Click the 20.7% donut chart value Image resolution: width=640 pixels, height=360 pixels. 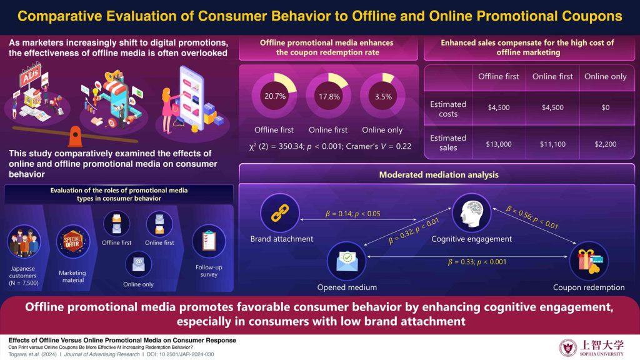point(274,97)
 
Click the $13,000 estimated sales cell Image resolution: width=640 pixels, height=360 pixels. point(498,143)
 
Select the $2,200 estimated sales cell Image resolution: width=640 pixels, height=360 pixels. point(604,143)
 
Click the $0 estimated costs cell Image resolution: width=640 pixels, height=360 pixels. point(604,107)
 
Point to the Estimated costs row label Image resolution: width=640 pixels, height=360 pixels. point(448,109)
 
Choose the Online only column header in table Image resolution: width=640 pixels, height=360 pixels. point(604,76)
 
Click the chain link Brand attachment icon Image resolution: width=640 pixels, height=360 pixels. point(277,212)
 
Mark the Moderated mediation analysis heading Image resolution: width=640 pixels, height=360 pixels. point(439,174)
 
